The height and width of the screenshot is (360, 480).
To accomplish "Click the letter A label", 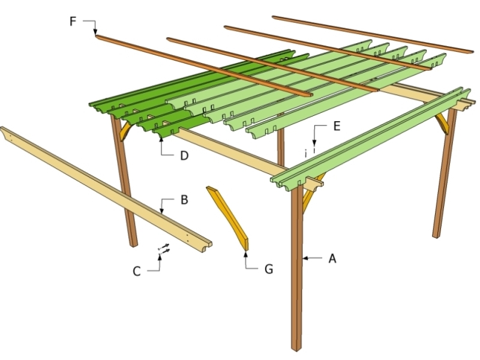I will point(331,259).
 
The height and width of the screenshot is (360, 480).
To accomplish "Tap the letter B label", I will point(185,200).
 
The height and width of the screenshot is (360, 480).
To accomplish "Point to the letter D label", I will point(185,156).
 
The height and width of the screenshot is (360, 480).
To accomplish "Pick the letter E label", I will point(336,126).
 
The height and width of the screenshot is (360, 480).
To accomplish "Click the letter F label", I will point(73,22).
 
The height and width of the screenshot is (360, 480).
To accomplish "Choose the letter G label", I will point(268,269).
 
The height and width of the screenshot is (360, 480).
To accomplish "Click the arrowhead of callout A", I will point(304,259).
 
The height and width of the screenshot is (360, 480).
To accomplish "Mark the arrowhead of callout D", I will point(161,137).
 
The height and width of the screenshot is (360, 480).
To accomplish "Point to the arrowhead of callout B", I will point(162,212).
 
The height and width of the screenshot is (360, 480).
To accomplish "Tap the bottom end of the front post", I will point(296,347).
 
